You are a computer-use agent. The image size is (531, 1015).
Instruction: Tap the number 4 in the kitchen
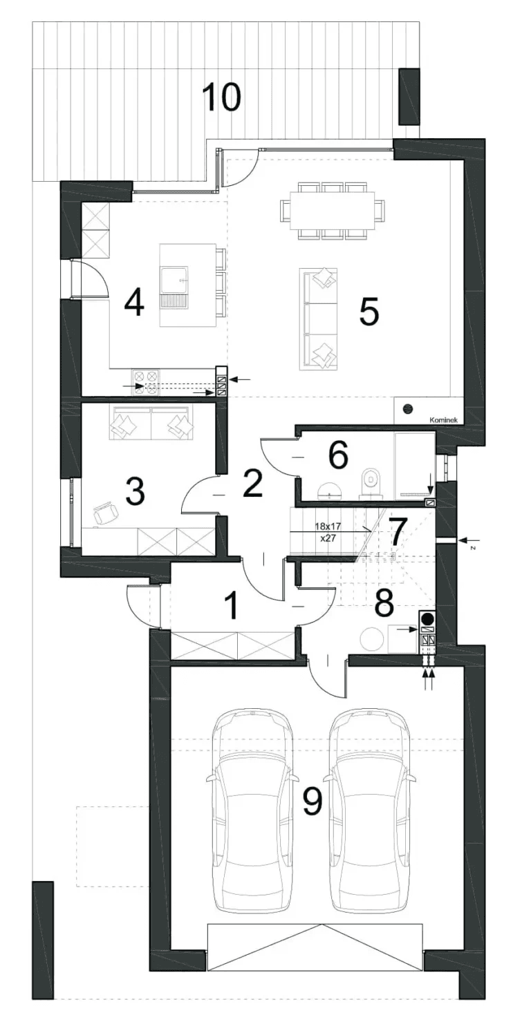(134, 303)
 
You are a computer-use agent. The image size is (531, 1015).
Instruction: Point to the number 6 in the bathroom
(339, 455)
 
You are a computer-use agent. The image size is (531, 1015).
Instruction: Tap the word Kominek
(443, 420)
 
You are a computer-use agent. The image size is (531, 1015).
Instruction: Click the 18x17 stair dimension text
(328, 527)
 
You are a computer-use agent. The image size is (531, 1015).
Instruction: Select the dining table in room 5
(333, 210)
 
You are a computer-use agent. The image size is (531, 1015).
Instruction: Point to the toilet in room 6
(371, 484)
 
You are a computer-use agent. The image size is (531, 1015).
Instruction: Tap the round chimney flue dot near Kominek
(408, 408)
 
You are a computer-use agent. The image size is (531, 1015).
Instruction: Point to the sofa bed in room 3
(151, 422)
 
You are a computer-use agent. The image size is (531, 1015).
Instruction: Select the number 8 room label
(384, 604)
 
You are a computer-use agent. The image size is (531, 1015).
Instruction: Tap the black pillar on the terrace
(410, 97)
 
